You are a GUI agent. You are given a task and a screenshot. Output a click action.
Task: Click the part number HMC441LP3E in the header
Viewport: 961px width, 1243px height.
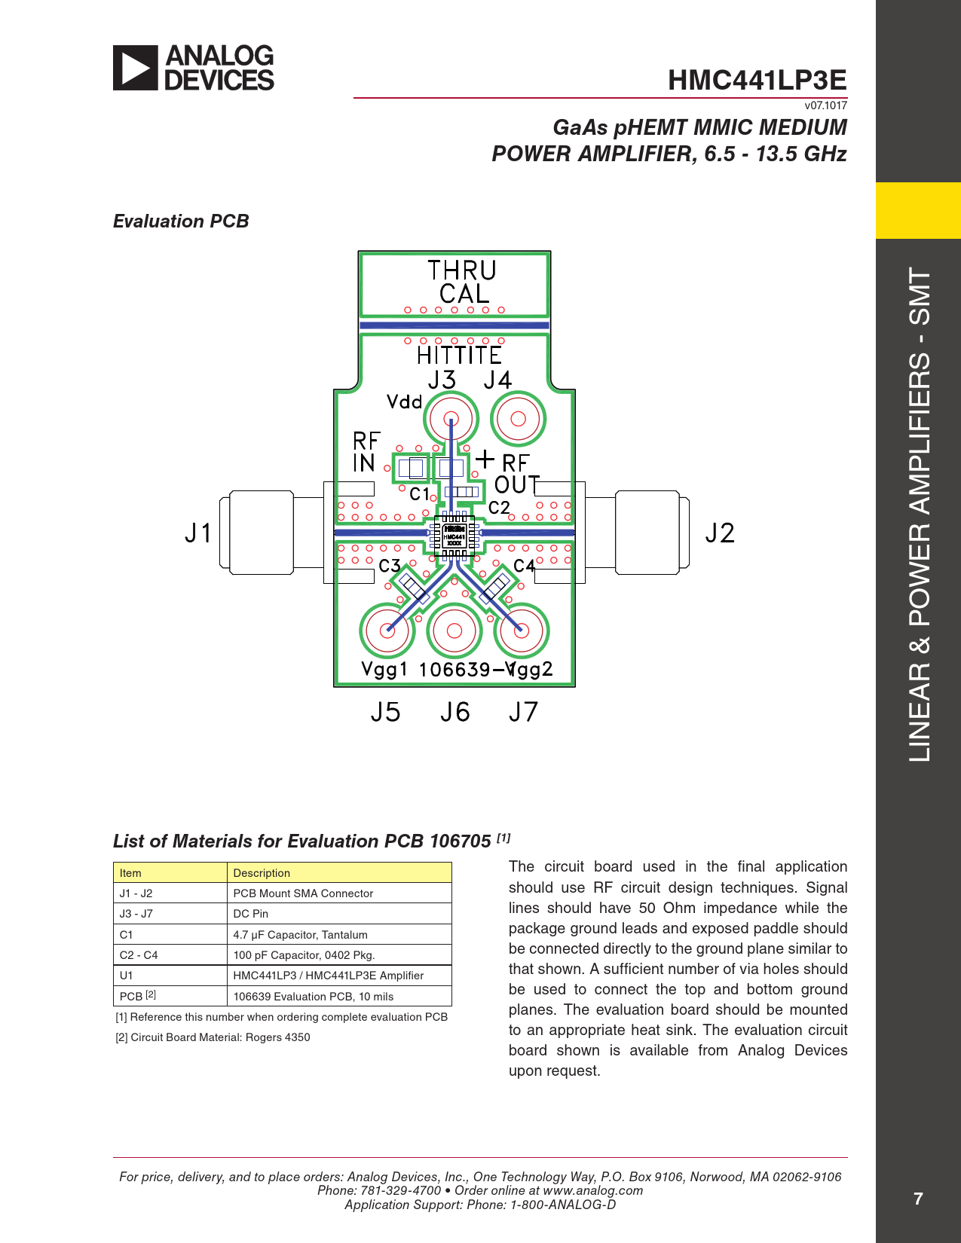tap(757, 80)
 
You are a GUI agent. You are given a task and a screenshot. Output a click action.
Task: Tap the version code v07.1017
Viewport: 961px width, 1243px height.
tap(825, 105)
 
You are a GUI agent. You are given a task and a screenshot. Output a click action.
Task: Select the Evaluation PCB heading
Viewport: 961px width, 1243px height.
tap(181, 221)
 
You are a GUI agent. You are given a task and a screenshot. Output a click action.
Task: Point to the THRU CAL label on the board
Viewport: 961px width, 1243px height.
tap(463, 282)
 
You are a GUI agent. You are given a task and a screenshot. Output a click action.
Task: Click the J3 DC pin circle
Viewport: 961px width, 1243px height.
tap(451, 419)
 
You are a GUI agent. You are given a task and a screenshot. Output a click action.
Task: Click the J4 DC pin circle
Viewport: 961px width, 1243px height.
tap(518, 419)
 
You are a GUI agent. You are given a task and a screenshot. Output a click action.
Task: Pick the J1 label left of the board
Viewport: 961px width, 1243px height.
tap(199, 533)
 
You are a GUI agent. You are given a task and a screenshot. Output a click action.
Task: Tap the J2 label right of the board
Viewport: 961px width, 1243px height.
tap(719, 533)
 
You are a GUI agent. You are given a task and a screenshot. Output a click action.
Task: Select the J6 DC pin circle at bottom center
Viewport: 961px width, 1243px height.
tap(454, 630)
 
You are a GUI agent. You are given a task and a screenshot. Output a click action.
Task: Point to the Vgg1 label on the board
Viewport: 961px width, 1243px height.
tap(384, 669)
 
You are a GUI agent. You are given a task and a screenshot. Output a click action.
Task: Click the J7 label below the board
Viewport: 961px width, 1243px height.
tap(523, 712)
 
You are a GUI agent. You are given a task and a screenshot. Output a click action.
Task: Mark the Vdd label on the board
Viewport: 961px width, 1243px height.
tap(404, 402)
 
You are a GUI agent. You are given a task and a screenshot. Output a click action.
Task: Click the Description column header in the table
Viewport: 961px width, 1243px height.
tap(262, 873)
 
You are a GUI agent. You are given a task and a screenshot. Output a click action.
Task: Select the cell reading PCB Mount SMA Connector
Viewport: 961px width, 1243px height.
tap(303, 893)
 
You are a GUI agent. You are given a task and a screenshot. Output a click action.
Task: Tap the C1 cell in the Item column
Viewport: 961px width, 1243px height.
tap(126, 935)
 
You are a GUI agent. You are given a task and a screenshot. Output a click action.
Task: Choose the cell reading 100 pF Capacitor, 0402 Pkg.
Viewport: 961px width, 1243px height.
tap(304, 955)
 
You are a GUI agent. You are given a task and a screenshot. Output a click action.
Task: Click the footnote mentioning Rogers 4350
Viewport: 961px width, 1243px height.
tap(213, 1037)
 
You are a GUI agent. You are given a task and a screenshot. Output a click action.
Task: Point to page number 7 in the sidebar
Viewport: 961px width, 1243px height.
tap(917, 1199)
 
